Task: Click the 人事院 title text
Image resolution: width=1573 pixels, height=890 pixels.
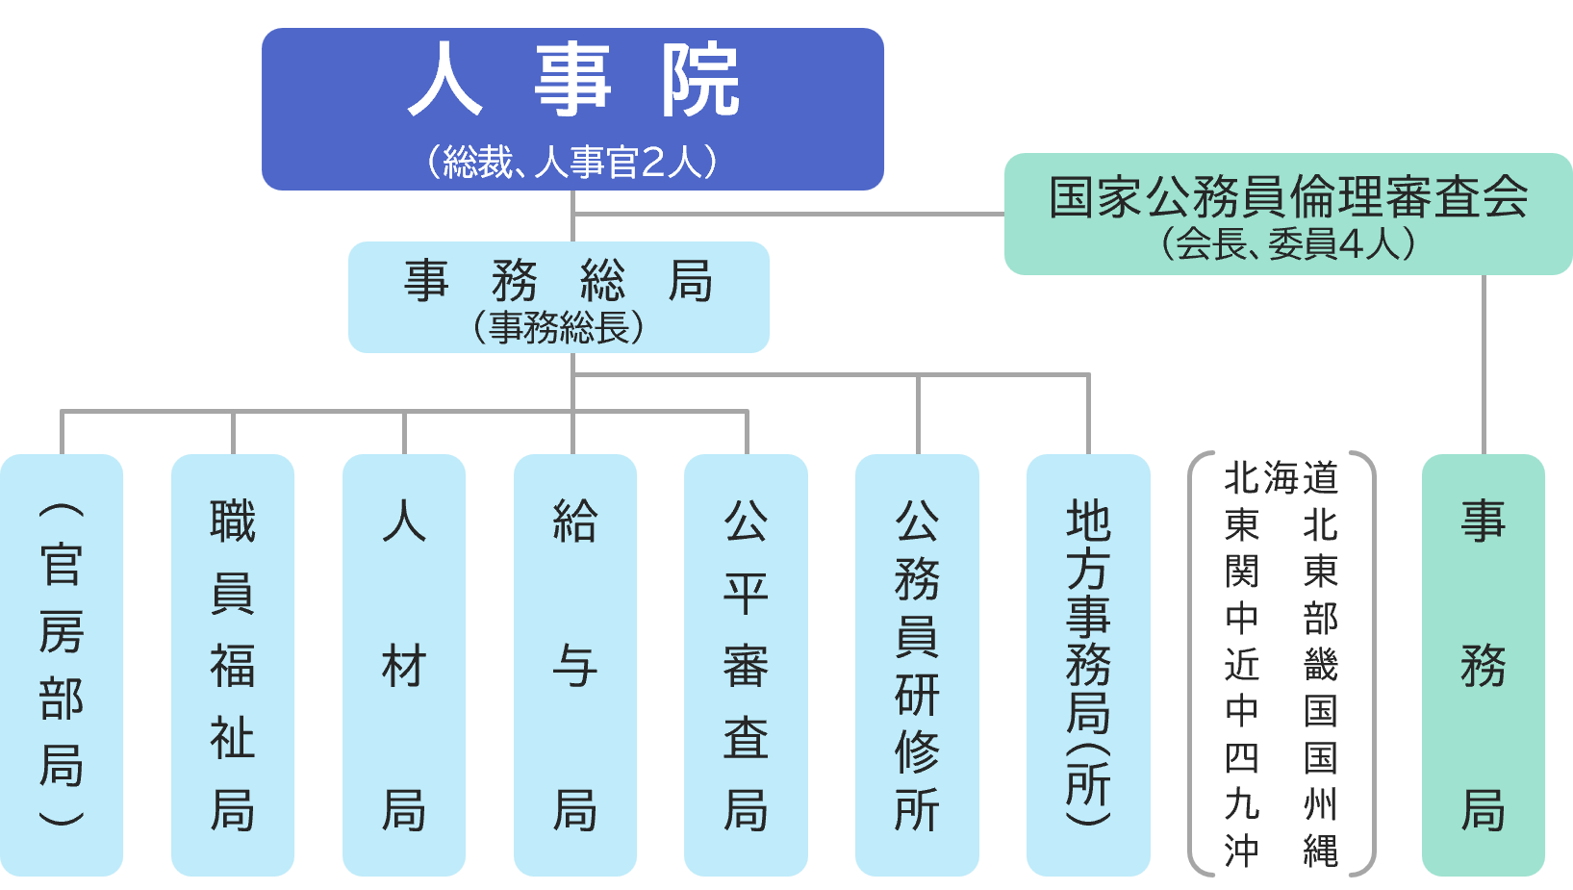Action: (x=573, y=81)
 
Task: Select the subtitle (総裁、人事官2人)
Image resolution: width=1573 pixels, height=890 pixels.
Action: (x=573, y=162)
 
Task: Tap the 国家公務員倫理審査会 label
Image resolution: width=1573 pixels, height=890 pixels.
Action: (x=1288, y=197)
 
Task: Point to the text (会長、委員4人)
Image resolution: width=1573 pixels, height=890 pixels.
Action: (x=1288, y=243)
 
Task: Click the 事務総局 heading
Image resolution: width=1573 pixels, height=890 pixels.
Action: (x=558, y=281)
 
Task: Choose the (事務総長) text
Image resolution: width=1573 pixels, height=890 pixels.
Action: (x=558, y=327)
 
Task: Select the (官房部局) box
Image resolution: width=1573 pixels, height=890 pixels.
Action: (x=62, y=664)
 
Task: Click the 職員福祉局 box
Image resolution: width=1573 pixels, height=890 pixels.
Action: (x=233, y=664)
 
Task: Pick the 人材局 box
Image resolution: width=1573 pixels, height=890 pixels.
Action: (x=404, y=664)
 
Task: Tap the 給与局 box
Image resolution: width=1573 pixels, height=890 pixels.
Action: (x=575, y=664)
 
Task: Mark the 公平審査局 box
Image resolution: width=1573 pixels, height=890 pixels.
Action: (x=746, y=664)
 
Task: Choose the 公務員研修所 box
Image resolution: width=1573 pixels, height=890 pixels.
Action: (x=917, y=664)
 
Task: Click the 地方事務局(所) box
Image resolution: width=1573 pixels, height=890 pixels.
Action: (x=1088, y=664)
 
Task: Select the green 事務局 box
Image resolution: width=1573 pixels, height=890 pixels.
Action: (x=1484, y=664)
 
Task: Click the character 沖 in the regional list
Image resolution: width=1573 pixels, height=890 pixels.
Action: (x=1242, y=851)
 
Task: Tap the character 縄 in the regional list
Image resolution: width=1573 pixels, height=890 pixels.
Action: (x=1321, y=851)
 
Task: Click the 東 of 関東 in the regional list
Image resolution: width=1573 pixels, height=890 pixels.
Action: (x=1321, y=572)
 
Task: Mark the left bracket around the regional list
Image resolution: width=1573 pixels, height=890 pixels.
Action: (x=1196, y=664)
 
